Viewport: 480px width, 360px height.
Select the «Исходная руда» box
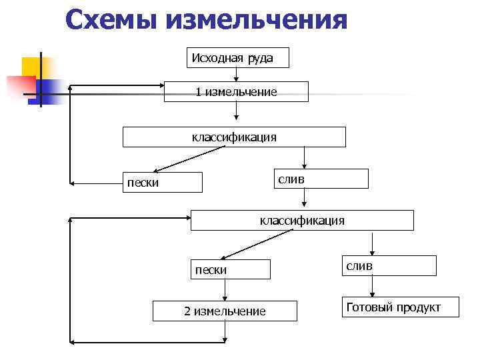pos(237,57)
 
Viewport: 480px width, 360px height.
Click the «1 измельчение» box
pos(236,91)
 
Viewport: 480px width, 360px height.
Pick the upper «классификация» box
pos(234,137)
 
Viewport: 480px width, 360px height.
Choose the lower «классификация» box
pos(302,220)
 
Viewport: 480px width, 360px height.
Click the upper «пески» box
pos(164,182)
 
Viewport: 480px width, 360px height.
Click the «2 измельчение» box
pos(224,311)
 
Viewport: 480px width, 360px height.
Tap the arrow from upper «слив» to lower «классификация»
pos(305,199)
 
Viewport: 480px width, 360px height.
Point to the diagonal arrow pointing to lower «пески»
pos(257,244)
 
